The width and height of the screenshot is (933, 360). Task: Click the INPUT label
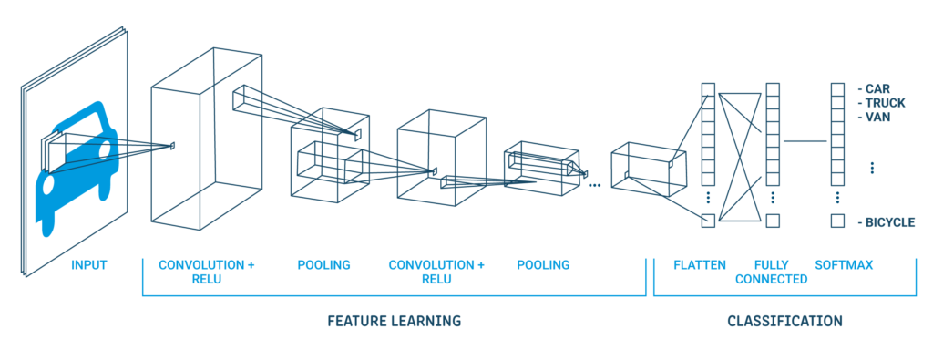click(x=88, y=265)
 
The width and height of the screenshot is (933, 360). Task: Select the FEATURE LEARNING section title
click(x=394, y=321)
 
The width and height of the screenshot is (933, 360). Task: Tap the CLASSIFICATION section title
click(x=784, y=321)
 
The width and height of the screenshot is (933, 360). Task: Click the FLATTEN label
click(x=699, y=265)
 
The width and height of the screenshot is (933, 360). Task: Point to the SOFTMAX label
click(x=844, y=265)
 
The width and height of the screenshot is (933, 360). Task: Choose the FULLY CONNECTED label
click(x=772, y=272)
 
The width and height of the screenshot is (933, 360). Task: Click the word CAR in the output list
click(x=877, y=89)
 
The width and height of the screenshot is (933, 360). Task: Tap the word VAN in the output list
click(x=878, y=117)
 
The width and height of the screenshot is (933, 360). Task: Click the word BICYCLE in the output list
click(x=891, y=222)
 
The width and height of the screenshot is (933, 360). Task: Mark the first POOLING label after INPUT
click(x=323, y=265)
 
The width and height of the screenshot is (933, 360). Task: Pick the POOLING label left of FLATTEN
click(x=543, y=265)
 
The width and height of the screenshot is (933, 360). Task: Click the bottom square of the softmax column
click(x=836, y=221)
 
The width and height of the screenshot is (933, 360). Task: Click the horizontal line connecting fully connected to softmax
click(x=804, y=141)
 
